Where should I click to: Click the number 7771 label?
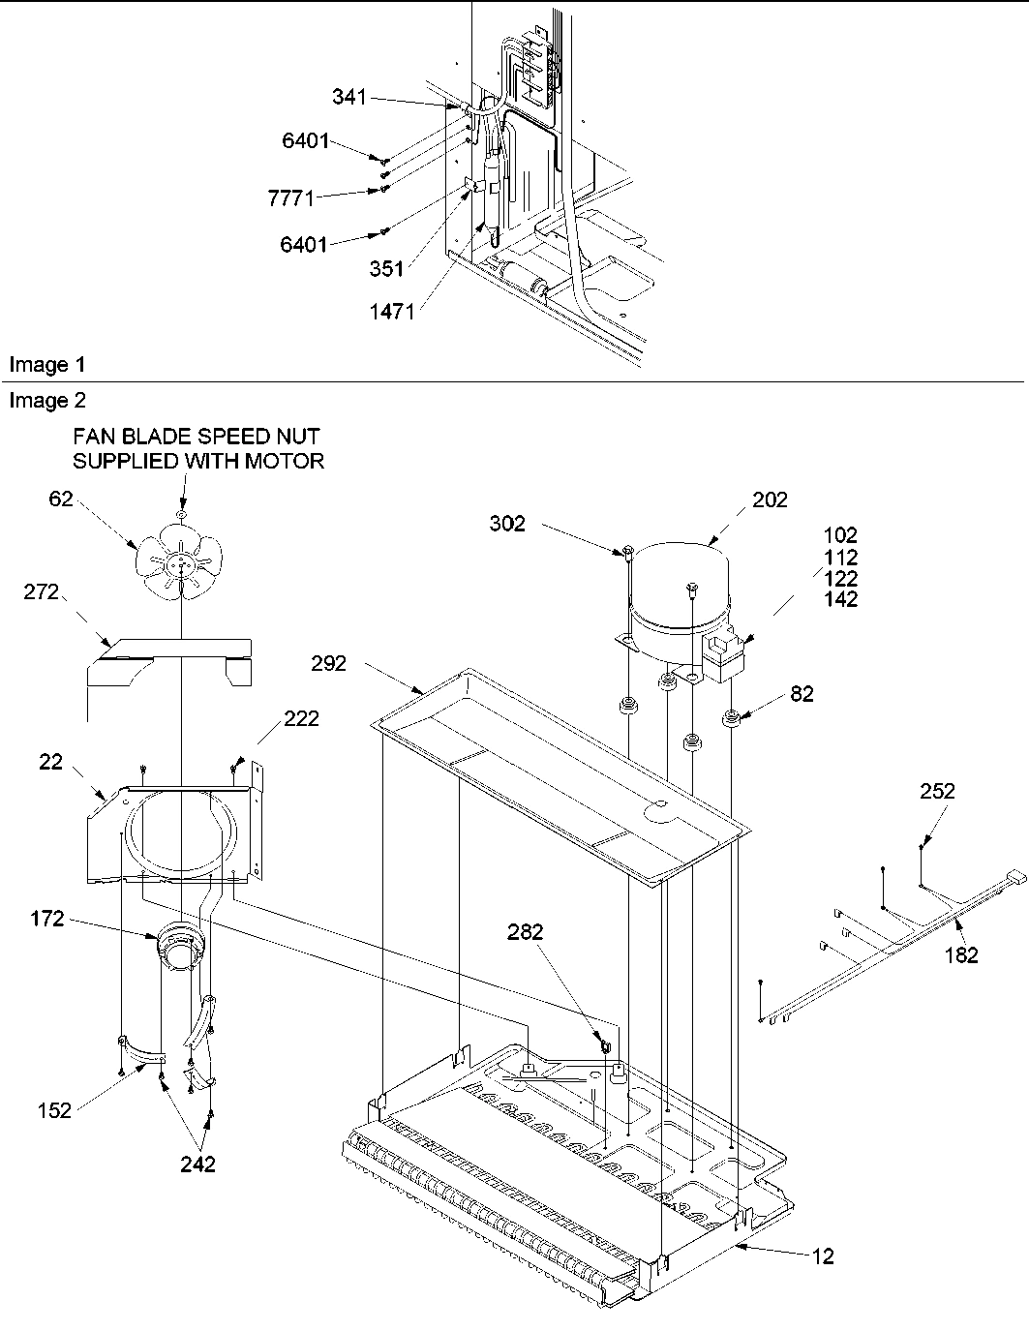[290, 198]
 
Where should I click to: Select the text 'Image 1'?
[46, 365]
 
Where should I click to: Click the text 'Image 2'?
[46, 401]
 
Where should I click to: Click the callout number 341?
[349, 97]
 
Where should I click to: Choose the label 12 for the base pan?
[822, 1256]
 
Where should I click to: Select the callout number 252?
[936, 791]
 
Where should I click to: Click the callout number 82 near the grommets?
[802, 694]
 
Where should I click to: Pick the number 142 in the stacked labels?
[840, 600]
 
